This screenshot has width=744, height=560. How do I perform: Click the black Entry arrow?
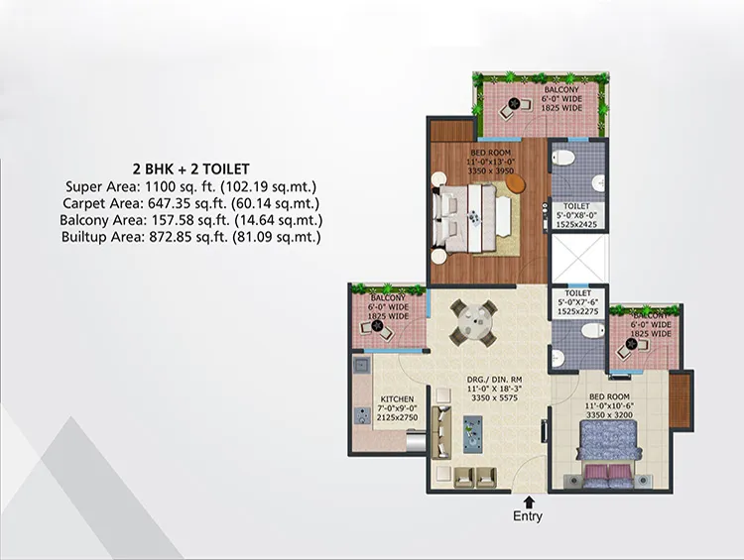(x=529, y=503)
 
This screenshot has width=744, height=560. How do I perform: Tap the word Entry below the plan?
(x=528, y=516)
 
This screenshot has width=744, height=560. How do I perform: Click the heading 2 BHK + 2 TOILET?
(x=190, y=168)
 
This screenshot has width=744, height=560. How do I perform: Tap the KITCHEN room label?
(x=397, y=399)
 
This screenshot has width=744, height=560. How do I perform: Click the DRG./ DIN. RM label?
(x=494, y=380)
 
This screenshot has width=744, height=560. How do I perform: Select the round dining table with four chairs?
(x=473, y=323)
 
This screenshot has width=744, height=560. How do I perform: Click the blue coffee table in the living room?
(x=472, y=434)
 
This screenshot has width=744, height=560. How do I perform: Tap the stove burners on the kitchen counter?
(x=363, y=415)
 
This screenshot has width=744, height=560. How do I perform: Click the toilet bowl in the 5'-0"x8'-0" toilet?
(x=563, y=157)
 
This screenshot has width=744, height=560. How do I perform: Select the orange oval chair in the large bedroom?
(x=516, y=183)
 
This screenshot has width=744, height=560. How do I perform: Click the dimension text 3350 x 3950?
(x=491, y=170)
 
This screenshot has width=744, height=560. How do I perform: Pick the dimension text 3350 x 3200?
(x=609, y=415)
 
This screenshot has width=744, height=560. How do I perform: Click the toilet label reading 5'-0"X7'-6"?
(x=578, y=302)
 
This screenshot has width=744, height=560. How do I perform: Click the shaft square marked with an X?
(x=579, y=258)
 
